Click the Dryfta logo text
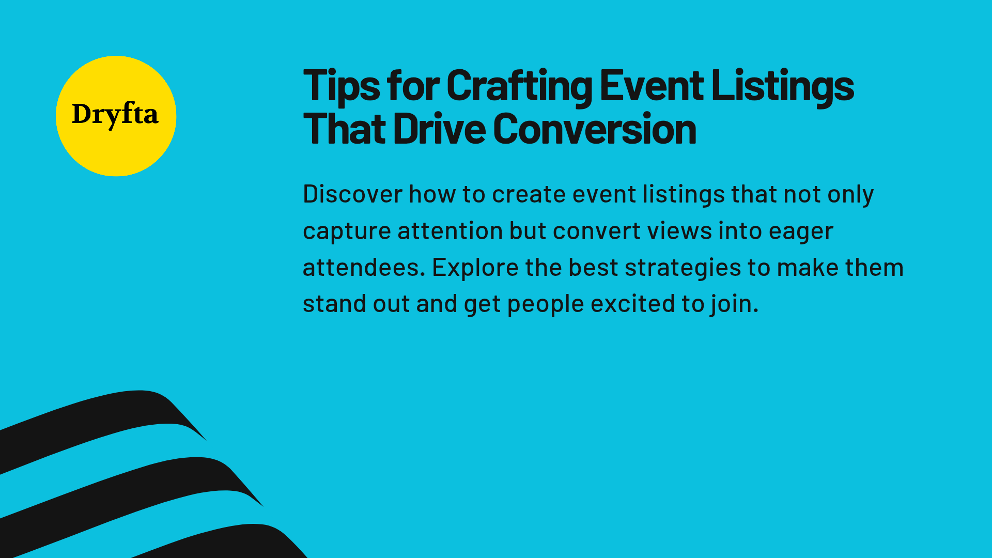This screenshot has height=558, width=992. tap(115, 115)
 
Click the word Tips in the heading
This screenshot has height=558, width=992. tap(341, 86)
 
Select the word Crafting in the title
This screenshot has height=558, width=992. tap(519, 86)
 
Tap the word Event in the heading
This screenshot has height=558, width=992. tap(651, 86)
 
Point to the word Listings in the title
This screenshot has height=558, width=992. tap(782, 86)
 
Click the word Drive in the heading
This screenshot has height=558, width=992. tap(439, 129)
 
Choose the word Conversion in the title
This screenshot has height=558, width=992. tap(594, 129)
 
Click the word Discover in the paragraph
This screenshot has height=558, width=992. tap(352, 195)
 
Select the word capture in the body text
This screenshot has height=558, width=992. tap(346, 231)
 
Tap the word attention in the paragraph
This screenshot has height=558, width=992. tap(450, 231)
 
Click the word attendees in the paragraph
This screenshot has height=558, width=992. tap(363, 268)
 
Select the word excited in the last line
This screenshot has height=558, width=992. tap(632, 304)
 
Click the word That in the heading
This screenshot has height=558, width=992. tap(344, 129)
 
